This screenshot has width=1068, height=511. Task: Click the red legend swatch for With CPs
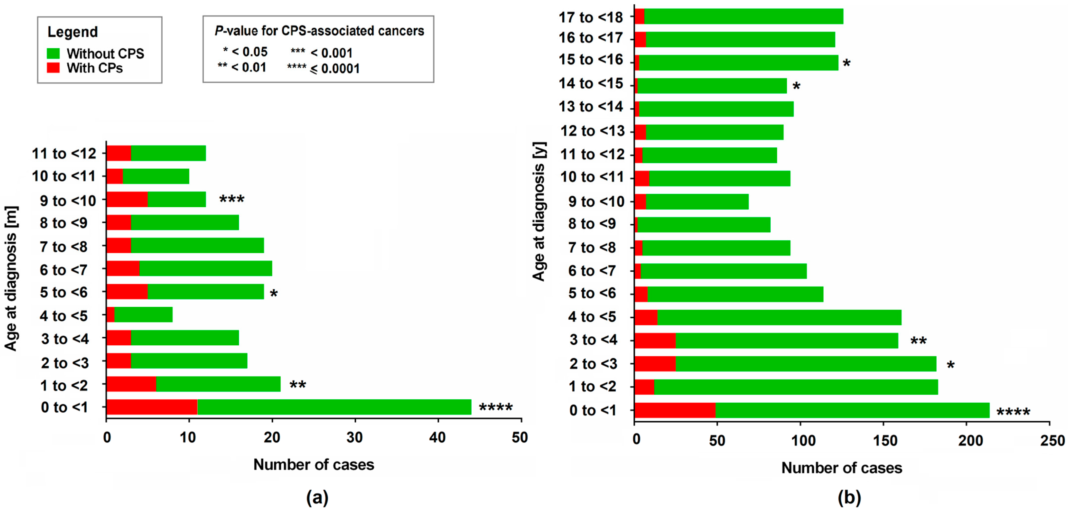tap(53, 68)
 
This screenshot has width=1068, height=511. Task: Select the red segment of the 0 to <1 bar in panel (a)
tap(152, 407)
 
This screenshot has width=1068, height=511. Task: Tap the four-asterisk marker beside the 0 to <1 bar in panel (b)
tap(1013, 412)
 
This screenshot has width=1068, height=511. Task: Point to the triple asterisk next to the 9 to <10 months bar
tap(232, 199)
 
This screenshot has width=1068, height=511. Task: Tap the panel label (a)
tap(317, 496)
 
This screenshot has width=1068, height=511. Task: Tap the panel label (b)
tap(849, 496)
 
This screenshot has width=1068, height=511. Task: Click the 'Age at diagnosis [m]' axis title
tap(11, 279)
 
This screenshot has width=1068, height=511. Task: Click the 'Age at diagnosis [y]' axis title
tap(539, 212)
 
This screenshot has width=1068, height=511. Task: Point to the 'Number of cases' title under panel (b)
tap(842, 468)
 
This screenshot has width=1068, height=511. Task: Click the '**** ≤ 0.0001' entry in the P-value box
tap(323, 68)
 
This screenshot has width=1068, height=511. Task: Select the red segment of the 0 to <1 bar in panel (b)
tap(675, 410)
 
